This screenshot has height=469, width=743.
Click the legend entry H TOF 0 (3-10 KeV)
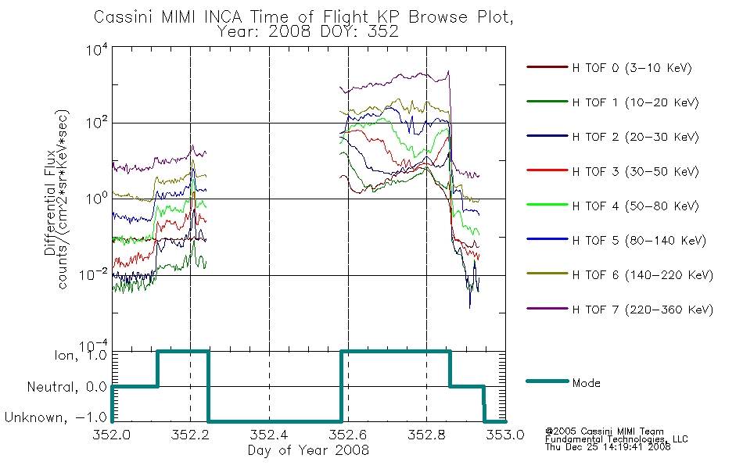click(632, 68)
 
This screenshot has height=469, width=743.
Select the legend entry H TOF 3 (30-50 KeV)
click(635, 171)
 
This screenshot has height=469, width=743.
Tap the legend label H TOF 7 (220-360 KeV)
click(642, 310)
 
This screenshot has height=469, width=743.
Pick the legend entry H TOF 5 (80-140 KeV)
click(639, 241)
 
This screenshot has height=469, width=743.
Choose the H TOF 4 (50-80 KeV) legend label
click(635, 206)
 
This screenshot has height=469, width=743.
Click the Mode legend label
click(586, 383)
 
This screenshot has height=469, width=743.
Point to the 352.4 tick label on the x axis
click(269, 435)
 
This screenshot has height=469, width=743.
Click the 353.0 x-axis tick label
click(505, 435)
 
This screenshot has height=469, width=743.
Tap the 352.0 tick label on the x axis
click(112, 435)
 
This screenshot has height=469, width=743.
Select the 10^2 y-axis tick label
click(97, 122)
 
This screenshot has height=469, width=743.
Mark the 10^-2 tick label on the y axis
click(94, 274)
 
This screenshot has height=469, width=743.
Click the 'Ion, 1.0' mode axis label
click(81, 355)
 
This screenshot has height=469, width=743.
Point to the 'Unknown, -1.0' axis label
click(56, 417)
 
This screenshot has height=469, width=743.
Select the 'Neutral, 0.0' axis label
click(67, 387)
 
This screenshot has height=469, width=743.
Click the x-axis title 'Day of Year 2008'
click(308, 449)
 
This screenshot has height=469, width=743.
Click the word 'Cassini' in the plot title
click(124, 17)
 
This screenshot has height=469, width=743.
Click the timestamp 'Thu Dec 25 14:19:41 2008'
click(608, 446)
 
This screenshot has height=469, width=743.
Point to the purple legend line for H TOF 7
click(547, 309)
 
